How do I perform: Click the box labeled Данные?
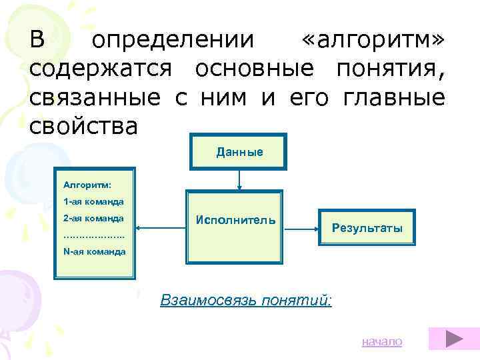click(x=239, y=152)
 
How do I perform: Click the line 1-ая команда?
click(x=93, y=201)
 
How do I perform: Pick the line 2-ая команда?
click(x=93, y=218)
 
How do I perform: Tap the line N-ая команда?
click(x=94, y=251)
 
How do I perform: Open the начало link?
click(x=382, y=341)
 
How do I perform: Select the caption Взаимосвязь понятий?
click(x=246, y=300)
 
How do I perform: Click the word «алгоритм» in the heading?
click(x=372, y=41)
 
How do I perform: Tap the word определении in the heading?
click(x=173, y=41)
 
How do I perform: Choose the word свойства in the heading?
click(x=84, y=127)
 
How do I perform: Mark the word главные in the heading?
click(x=393, y=99)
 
